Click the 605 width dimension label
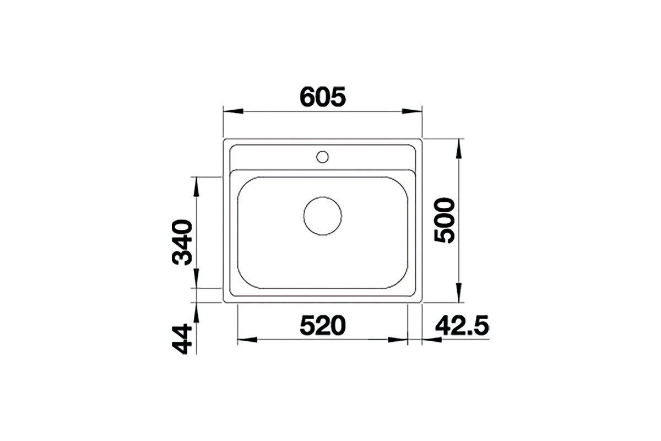[322, 97]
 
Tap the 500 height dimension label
[445, 220]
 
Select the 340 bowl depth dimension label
[182, 242]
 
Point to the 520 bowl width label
[322, 325]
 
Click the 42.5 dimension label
[462, 325]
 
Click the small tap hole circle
[323, 157]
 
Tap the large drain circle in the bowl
[323, 216]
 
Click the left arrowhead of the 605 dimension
[233, 111]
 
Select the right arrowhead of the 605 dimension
[412, 111]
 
